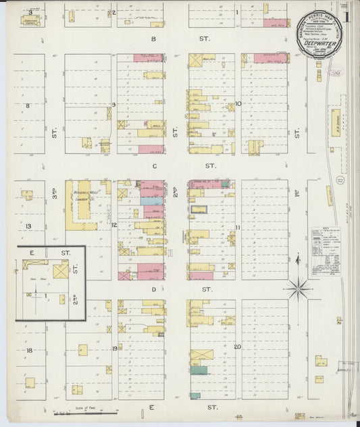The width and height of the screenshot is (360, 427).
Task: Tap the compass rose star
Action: point(298,289)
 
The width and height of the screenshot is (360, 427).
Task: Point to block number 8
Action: point(28,106)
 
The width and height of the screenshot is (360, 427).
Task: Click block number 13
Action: point(28,226)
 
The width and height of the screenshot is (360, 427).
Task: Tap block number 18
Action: point(29,351)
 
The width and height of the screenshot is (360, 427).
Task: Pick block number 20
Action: point(238,347)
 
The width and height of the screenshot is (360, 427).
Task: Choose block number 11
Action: point(238,227)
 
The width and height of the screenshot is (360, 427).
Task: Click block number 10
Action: point(239,104)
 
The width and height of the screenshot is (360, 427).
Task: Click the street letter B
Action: point(153,39)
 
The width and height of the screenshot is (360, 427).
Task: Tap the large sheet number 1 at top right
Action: point(346,15)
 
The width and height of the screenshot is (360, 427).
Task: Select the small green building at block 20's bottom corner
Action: point(195,396)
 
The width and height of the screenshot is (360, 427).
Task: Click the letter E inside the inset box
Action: point(31,252)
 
